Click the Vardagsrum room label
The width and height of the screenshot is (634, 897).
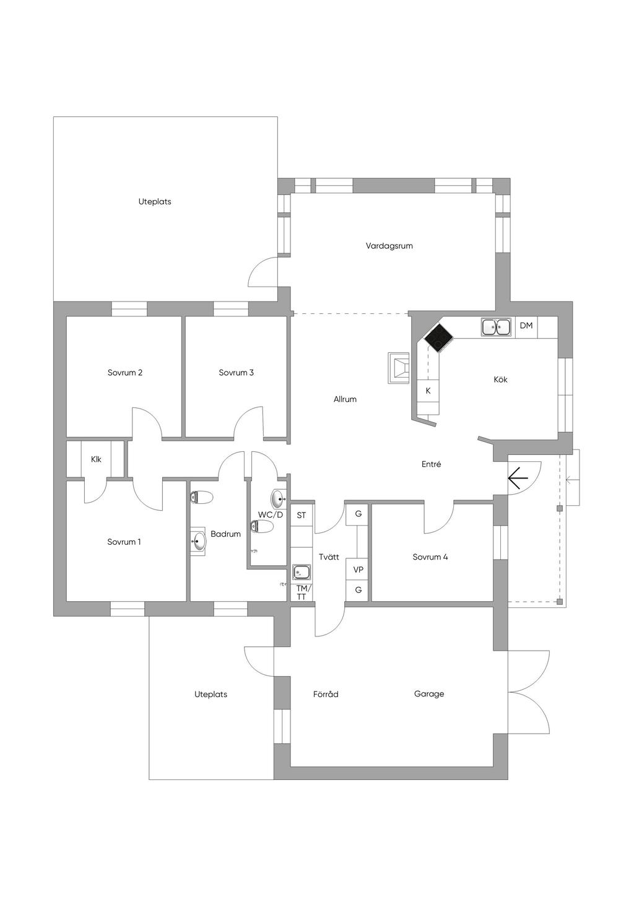coord(389,246)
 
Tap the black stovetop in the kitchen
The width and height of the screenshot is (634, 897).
coord(439,337)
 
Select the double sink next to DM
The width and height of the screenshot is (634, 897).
coord(496,327)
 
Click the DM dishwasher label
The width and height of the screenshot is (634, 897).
coord(526,326)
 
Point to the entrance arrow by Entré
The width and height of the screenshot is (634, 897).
coord(518,478)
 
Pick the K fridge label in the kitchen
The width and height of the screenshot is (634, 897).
coord(428,391)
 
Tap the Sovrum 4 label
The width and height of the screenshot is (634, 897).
coord(430,557)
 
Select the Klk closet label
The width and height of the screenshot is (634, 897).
coord(96,459)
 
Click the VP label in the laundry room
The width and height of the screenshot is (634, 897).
coord(358,570)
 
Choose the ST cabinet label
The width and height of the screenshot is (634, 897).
coord(302,515)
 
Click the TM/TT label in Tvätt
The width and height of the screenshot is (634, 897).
coord(302,592)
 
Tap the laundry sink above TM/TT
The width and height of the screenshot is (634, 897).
coord(302,572)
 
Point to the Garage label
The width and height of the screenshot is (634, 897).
coord(429,694)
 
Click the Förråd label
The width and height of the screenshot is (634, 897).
coord(326,695)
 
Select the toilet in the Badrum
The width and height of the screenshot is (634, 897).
coord(202,496)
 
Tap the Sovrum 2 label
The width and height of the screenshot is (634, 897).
coord(125,373)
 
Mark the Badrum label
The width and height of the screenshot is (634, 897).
coord(225,534)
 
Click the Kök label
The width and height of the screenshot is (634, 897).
coord(500,379)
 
